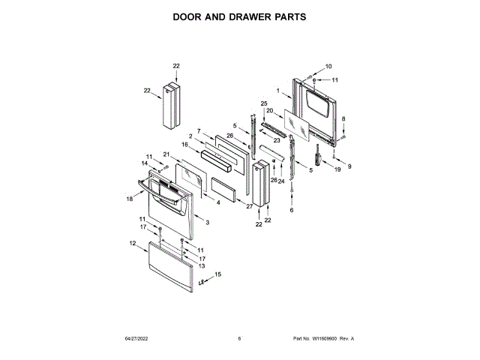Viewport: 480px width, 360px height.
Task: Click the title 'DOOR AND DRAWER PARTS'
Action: click(x=240, y=16)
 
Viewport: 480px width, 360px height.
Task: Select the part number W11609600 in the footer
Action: click(x=323, y=339)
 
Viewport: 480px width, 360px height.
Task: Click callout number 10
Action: click(x=328, y=67)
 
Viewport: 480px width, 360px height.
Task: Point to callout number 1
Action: click(x=278, y=91)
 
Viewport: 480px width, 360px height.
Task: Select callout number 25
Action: click(x=264, y=103)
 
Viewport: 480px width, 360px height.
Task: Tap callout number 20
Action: click(x=269, y=111)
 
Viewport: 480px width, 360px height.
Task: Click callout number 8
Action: click(x=343, y=120)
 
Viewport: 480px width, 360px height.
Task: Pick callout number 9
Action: click(x=348, y=166)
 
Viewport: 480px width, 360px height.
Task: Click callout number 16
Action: click(x=184, y=144)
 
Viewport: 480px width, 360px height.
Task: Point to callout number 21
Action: click(x=166, y=154)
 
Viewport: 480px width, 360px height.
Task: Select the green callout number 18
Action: click(x=129, y=199)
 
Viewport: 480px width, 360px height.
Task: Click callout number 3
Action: click(x=207, y=223)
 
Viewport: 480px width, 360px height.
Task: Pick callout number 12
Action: click(x=133, y=243)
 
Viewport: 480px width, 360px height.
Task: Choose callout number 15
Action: click(x=218, y=275)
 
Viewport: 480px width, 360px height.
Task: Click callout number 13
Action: click(x=201, y=265)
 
